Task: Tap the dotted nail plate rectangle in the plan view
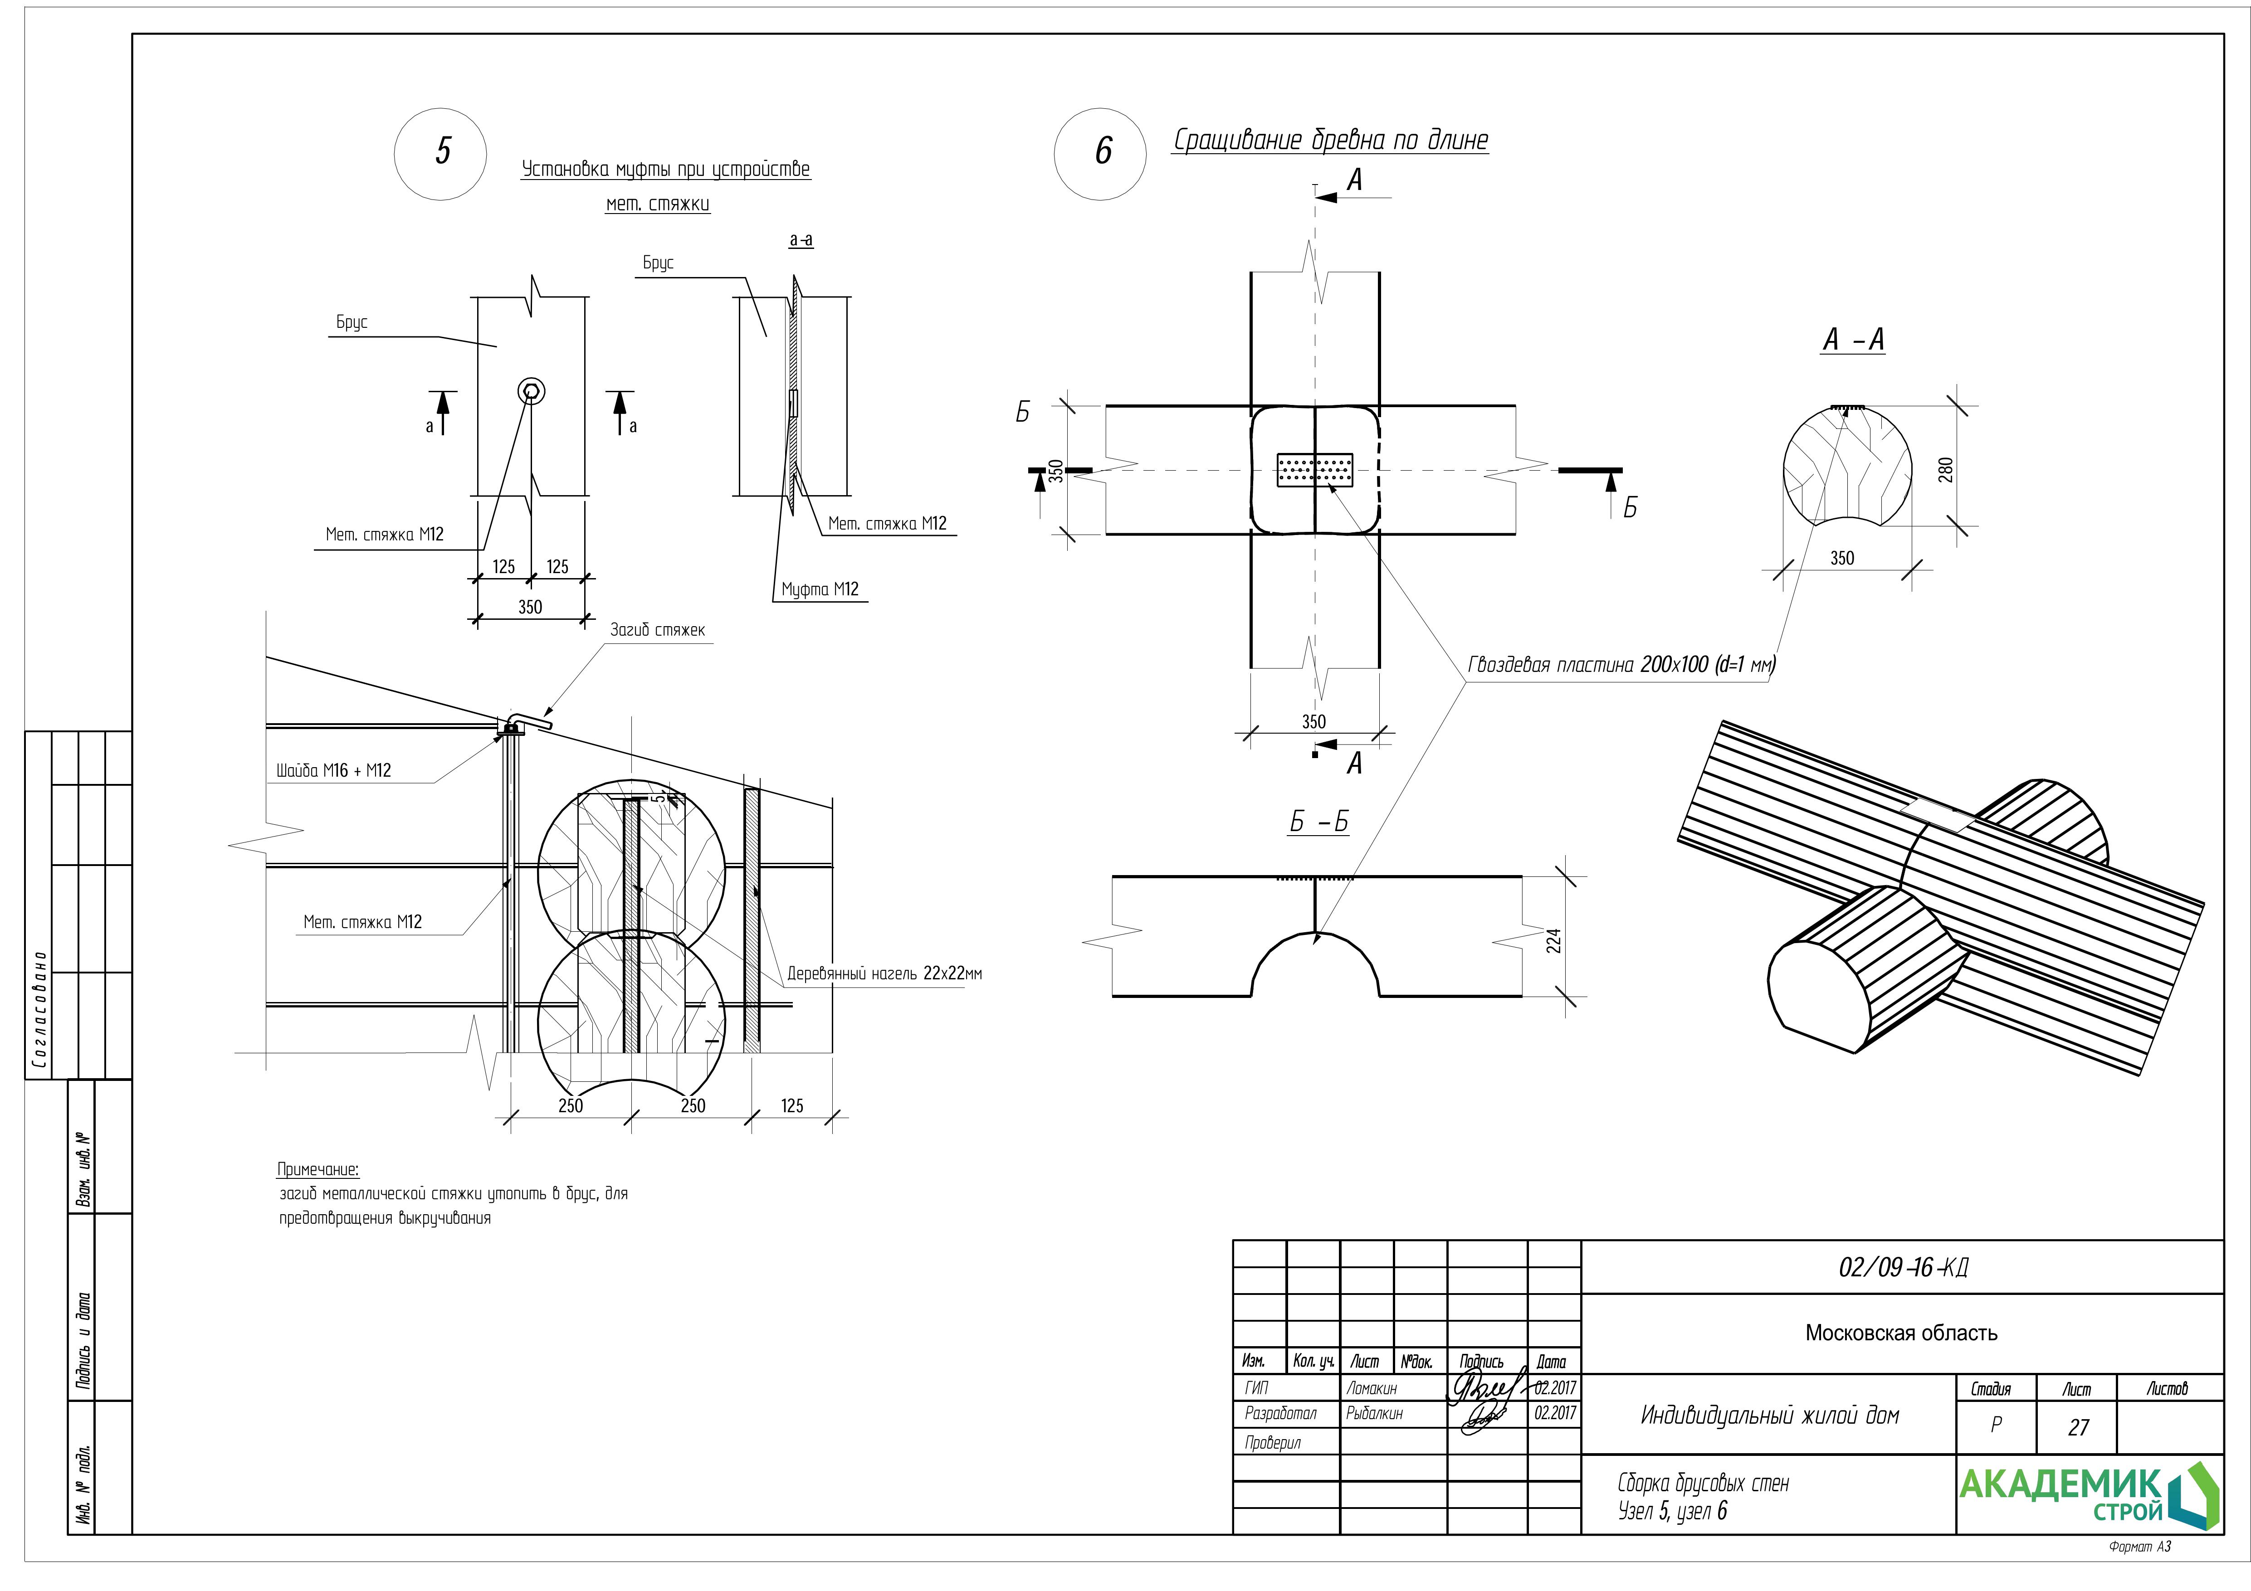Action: coord(1315,471)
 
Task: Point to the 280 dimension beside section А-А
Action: coord(1946,470)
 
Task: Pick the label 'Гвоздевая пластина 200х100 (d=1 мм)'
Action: coord(1621,666)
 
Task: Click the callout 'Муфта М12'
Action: coord(820,589)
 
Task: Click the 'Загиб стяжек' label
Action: coord(657,630)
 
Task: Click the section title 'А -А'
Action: coord(1853,340)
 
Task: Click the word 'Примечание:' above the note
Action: coord(317,1169)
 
